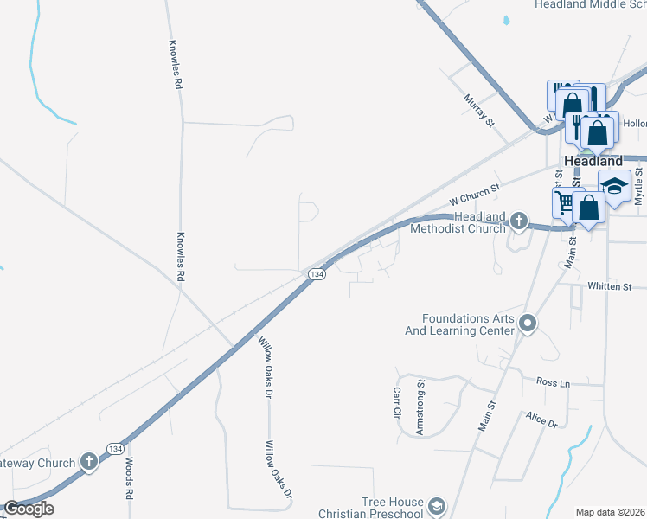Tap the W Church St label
pos(476,194)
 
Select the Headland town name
pos(593,161)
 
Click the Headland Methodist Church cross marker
pos(518,221)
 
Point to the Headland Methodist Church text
pos(458,222)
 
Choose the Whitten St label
pos(610,286)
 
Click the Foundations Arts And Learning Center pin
pos(528,325)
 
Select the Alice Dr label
pos(541,420)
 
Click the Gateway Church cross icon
pos(88,463)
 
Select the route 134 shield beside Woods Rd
pos(115,448)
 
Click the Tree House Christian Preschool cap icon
pos(438,506)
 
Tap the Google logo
pos(29,509)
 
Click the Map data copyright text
pos(610,512)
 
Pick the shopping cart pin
pos(564,202)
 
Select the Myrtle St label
pos(638,187)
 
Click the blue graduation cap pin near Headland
pos(615,186)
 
